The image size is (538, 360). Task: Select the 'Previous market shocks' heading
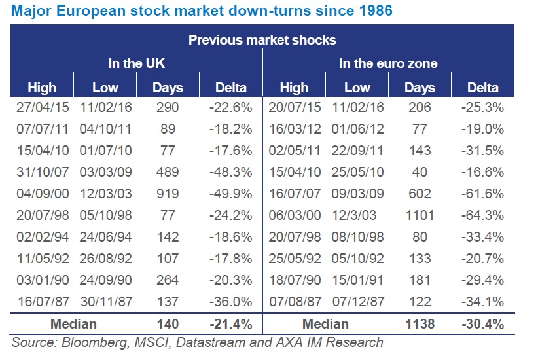262,40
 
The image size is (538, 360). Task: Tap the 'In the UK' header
136,63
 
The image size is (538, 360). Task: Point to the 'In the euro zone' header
388,63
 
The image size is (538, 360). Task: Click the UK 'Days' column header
168,87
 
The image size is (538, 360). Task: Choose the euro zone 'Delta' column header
483,87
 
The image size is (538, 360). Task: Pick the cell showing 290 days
168,108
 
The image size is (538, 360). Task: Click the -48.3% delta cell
232,172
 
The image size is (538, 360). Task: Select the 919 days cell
168,194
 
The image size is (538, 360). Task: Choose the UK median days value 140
168,323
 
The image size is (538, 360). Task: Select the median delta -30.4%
483,323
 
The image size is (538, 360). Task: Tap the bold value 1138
420,323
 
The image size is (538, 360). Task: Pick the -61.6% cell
483,194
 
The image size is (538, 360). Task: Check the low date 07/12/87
357,301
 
